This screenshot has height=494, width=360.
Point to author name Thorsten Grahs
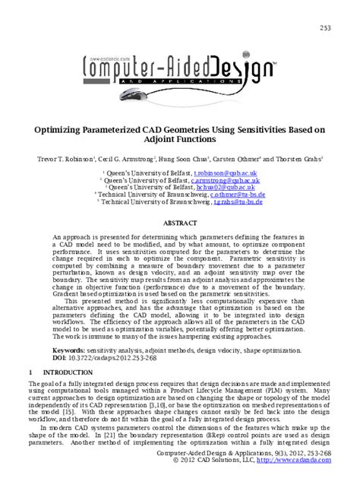click(300, 160)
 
